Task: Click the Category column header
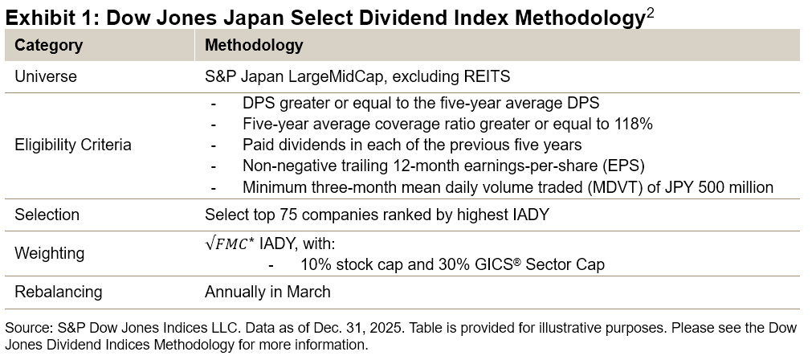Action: click(x=48, y=46)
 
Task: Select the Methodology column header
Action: click(x=254, y=46)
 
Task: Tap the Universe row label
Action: click(x=46, y=77)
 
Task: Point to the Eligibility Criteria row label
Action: click(x=72, y=145)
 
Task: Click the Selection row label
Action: click(x=47, y=215)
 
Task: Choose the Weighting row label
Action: click(x=50, y=253)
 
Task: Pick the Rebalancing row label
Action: click(x=59, y=292)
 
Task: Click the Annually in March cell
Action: click(x=267, y=292)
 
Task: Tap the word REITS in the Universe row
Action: click(x=484, y=77)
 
